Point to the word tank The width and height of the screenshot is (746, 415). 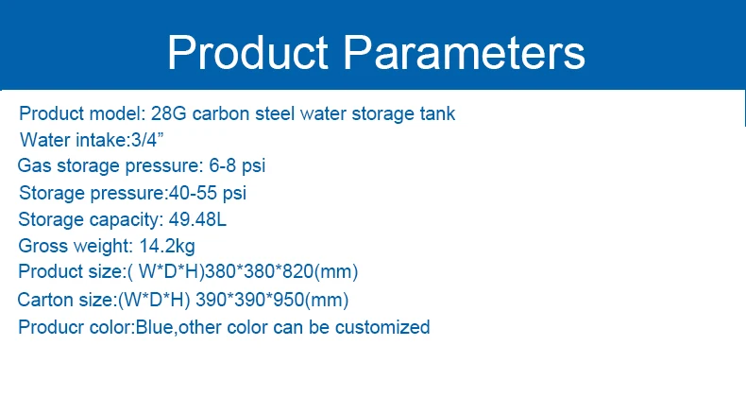[437, 114]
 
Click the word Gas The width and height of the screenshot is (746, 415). [32, 166]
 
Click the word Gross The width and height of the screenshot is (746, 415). [42, 246]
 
